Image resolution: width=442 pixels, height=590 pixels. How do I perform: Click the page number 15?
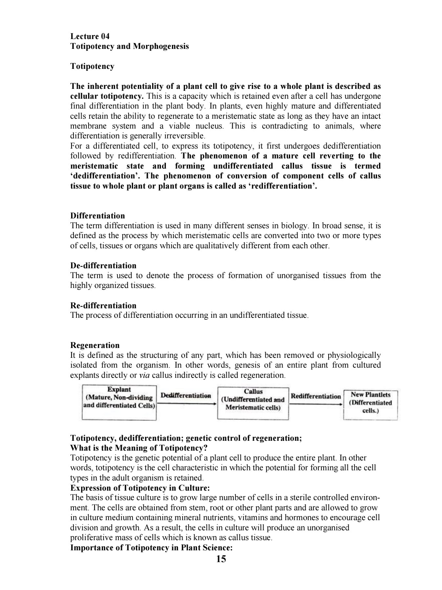[221, 559]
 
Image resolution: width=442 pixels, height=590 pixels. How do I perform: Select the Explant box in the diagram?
[119, 402]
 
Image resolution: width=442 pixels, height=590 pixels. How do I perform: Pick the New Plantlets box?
[371, 405]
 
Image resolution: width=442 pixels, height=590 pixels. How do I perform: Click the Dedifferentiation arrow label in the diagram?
[186, 395]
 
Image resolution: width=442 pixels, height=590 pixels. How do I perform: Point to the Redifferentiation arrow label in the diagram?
[316, 396]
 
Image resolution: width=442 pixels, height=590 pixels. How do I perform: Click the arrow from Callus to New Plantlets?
[316, 404]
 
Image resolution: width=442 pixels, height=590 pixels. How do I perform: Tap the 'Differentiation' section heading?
[98, 216]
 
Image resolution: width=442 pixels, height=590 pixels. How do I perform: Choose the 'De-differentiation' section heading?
[103, 265]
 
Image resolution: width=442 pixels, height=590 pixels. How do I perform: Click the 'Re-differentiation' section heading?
[103, 305]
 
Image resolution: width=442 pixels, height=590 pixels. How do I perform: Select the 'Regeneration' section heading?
[95, 345]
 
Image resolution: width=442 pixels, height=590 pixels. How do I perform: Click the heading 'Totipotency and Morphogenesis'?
[130, 46]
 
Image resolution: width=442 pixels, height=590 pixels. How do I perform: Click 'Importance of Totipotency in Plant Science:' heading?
[151, 547]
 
